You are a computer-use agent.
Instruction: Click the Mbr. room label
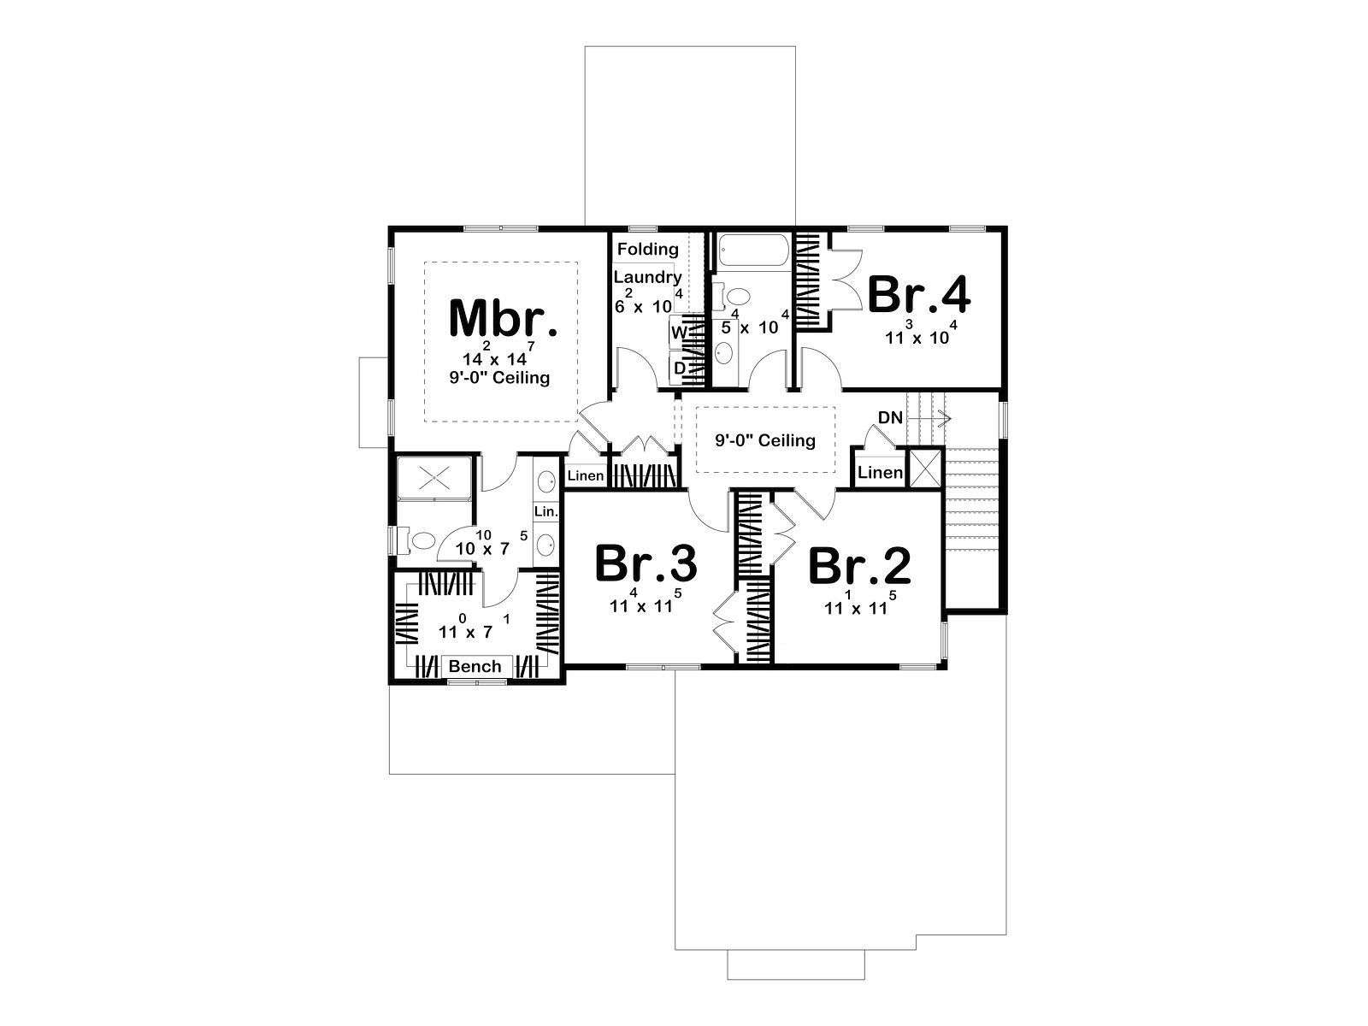(503, 318)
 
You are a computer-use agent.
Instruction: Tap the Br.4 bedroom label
(918, 295)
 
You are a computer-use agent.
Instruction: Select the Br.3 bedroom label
(646, 563)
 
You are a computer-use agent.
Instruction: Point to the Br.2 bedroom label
(859, 566)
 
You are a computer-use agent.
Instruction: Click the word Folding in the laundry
(647, 249)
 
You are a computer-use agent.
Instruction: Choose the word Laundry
(647, 277)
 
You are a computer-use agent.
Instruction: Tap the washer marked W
(679, 333)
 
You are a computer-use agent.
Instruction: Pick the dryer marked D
(680, 369)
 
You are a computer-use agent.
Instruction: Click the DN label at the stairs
(891, 417)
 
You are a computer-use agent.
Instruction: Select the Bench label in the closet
(475, 667)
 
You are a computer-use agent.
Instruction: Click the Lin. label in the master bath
(546, 512)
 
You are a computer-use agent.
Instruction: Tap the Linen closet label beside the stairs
(880, 473)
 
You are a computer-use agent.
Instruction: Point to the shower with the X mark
(434, 479)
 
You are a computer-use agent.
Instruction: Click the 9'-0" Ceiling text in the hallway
(764, 440)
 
